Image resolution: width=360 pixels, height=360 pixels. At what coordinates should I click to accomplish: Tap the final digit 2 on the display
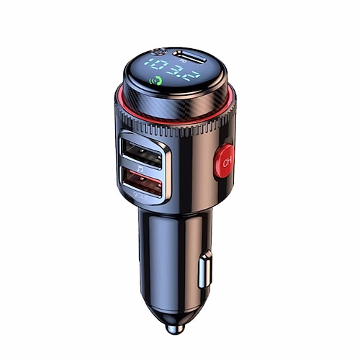click(x=189, y=74)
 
